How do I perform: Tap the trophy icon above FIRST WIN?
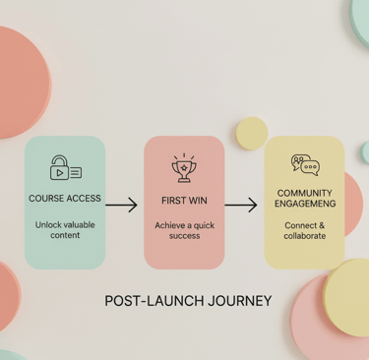(x=184, y=167)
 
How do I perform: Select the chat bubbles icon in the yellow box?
(x=305, y=164)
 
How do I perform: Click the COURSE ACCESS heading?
(x=65, y=199)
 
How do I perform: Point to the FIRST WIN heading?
(x=184, y=200)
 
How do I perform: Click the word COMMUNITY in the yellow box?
(x=305, y=193)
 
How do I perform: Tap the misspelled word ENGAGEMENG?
(x=305, y=205)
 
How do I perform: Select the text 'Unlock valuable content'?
(x=65, y=230)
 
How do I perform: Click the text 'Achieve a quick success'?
(x=184, y=230)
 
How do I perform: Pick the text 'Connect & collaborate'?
(x=305, y=230)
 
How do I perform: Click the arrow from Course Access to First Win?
(x=121, y=206)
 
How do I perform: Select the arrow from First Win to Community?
(x=241, y=206)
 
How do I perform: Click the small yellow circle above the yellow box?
(x=252, y=133)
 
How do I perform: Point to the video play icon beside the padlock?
(x=60, y=172)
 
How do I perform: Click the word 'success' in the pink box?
(x=184, y=236)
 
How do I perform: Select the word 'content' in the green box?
(x=65, y=236)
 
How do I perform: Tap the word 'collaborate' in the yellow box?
(x=305, y=236)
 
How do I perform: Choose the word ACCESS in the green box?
(x=84, y=199)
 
